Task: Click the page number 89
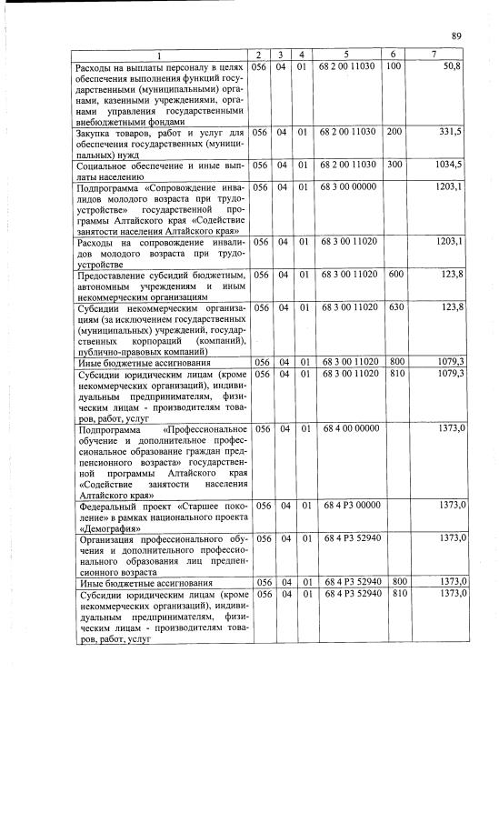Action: [x=456, y=35]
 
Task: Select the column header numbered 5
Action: [x=347, y=55]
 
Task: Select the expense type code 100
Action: [x=394, y=67]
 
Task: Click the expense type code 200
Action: [x=394, y=133]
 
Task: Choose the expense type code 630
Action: [x=394, y=307]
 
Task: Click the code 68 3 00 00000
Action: [x=347, y=186]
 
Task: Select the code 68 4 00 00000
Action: [x=347, y=427]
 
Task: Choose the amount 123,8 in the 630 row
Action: [x=451, y=307]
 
